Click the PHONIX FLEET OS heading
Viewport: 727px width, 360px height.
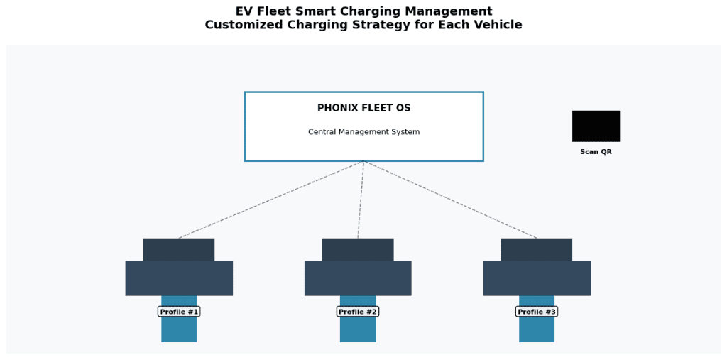(x=363, y=108)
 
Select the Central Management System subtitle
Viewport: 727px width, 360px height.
(x=363, y=132)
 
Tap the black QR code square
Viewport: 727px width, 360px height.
(x=596, y=126)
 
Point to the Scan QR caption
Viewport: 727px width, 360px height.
(x=596, y=152)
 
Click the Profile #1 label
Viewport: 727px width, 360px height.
(x=179, y=312)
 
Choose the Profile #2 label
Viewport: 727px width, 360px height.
(x=358, y=312)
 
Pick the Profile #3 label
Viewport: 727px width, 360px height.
(x=537, y=312)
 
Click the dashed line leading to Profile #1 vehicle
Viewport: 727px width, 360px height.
(x=270, y=200)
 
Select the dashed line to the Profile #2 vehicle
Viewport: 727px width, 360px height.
(x=361, y=200)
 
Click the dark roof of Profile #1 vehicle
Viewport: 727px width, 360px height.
(x=179, y=249)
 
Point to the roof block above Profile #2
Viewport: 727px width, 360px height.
(x=358, y=249)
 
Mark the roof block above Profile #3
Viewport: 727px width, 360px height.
(x=537, y=249)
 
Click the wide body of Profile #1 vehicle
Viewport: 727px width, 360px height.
(x=179, y=278)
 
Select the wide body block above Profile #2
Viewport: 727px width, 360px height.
(x=358, y=278)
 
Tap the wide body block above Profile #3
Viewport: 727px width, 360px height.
(x=537, y=278)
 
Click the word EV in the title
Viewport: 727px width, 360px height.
(x=245, y=11)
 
